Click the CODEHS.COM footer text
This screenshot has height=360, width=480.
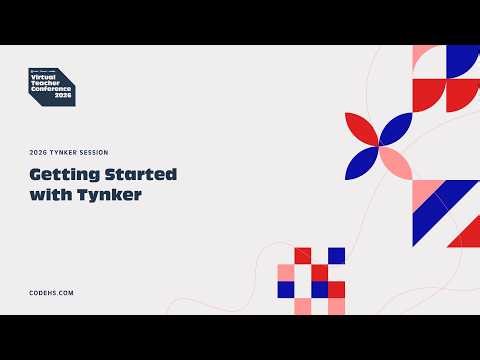click(x=51, y=292)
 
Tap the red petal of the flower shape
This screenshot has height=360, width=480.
click(x=361, y=127)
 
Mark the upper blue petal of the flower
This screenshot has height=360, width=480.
click(x=394, y=127)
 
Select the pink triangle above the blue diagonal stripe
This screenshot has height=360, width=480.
click(x=424, y=190)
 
